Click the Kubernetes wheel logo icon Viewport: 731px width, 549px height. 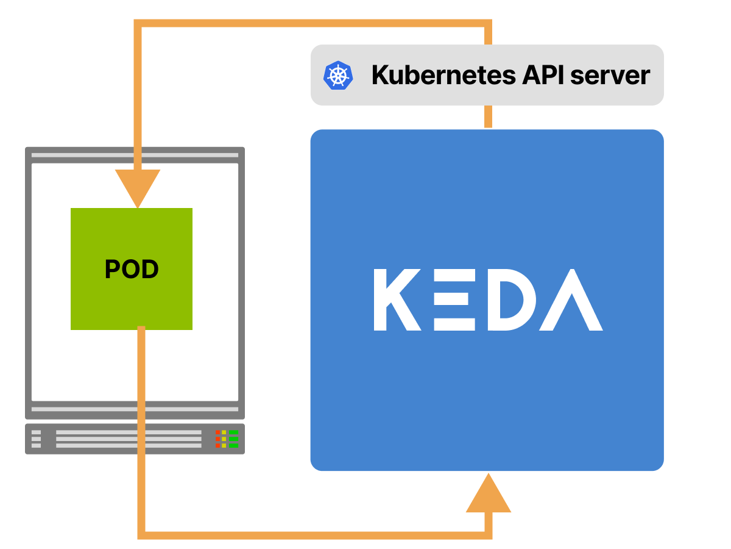(x=338, y=76)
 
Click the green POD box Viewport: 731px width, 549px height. (x=132, y=269)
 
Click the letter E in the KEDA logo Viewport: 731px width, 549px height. (x=454, y=300)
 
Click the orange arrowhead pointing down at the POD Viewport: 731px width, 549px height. (x=138, y=186)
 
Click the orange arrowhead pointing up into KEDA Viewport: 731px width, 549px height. (x=488, y=494)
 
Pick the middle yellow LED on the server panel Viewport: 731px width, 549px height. (x=224, y=439)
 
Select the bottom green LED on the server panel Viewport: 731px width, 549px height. (x=233, y=445)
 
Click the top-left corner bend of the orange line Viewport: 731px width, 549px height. (x=138, y=24)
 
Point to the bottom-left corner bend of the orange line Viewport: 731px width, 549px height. (x=141, y=535)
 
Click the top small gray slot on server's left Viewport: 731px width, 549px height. (x=36, y=432)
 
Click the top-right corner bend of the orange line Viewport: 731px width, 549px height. (x=488, y=24)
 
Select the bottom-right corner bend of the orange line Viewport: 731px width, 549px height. (x=488, y=535)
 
